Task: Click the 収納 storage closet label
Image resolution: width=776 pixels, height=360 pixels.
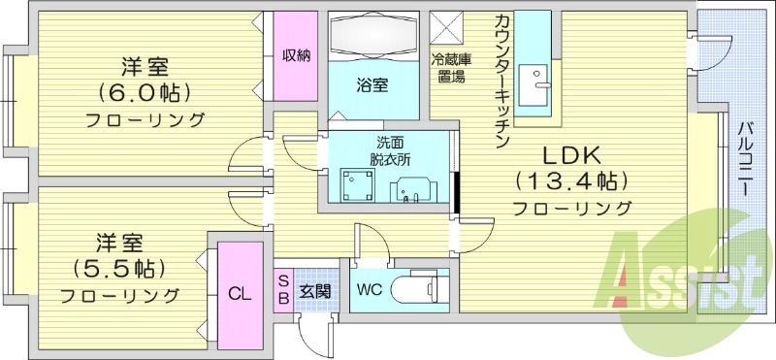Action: pos(297,55)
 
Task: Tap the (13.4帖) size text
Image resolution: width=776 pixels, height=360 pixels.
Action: pos(571,181)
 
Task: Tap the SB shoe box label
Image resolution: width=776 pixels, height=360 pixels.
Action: pos(282,290)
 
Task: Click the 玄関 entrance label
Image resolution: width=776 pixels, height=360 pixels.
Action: pos(313,290)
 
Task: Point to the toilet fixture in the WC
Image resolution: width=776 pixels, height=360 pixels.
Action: pos(424,288)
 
